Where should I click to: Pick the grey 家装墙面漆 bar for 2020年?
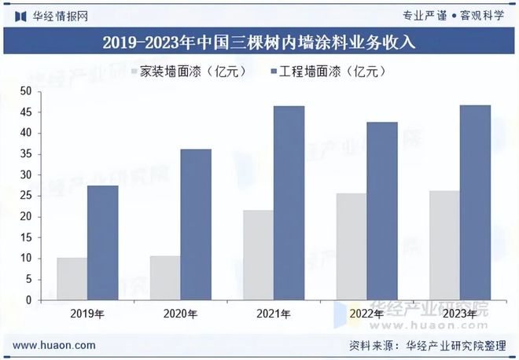pos(164,277)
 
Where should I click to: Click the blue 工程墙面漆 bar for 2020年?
pos(196,224)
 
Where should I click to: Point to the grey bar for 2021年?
pos(258,255)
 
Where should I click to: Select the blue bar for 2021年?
pos(289,203)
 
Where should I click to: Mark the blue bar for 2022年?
pos(382,211)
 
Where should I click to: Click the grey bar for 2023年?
pos(444,245)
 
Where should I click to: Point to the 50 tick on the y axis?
pos(26,91)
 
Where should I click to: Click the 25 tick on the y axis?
pos(26,195)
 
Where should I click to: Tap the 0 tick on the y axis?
pos(29,299)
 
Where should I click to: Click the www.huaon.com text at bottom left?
pos(55,345)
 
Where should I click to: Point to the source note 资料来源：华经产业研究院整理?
pos(429,345)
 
